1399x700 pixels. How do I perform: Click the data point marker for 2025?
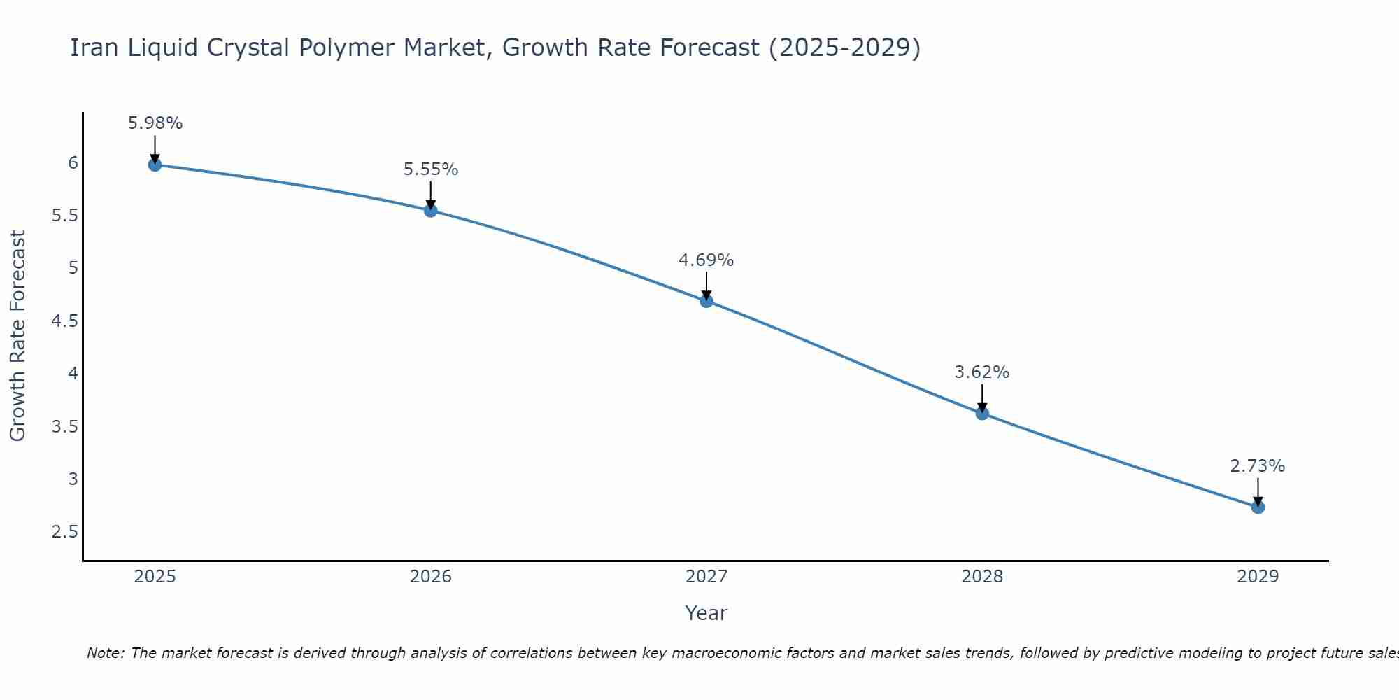pos(155,164)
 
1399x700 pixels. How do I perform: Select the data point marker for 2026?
pos(431,210)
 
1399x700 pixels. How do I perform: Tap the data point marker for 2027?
pos(706,301)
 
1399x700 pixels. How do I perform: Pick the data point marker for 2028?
pos(982,413)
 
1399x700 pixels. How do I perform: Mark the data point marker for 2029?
pos(1258,507)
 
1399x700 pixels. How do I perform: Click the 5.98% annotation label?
pos(155,123)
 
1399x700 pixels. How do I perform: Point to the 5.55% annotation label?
pos(431,169)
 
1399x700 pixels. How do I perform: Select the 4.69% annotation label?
pos(706,260)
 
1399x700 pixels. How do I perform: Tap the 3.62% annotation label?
pos(982,372)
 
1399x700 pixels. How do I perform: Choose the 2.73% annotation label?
pos(1258,466)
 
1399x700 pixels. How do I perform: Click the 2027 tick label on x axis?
pos(706,577)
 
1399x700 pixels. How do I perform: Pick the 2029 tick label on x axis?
pos(1258,577)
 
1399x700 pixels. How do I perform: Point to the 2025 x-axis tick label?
pos(155,577)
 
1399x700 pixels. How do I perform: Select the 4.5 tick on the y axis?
pos(64,321)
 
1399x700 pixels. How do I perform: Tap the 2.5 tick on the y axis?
pos(64,532)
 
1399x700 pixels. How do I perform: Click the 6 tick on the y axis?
pos(73,163)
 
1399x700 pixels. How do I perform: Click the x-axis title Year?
pos(706,613)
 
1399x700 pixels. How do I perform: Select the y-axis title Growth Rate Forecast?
pos(17,336)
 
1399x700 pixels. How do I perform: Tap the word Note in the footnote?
pos(105,653)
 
